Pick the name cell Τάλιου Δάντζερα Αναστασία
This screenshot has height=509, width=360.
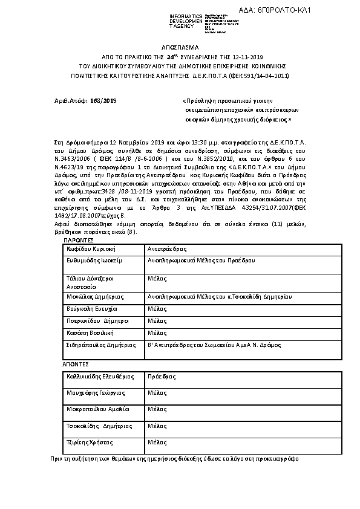coord(91,282)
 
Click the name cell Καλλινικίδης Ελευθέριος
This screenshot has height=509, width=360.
coord(99,376)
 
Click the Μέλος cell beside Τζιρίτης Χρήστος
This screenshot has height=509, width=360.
coord(158,443)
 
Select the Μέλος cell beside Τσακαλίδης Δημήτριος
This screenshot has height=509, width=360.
coord(158,426)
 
